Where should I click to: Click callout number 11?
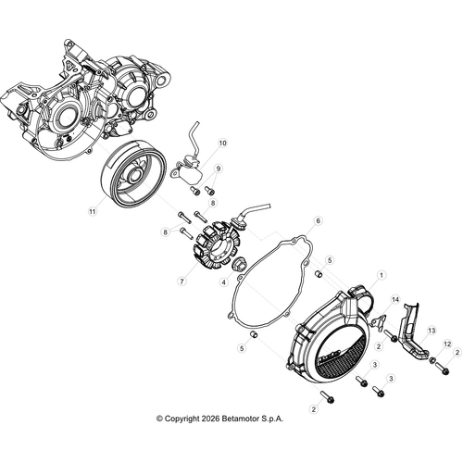pos(92,211)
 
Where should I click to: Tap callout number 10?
pos(222,144)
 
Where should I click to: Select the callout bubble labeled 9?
pos(219,168)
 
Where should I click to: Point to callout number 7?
pos(182,281)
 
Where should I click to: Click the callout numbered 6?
pos(292,221)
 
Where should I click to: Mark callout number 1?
pos(380,275)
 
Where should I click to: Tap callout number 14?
pos(394,301)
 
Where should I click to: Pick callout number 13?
pos(430,330)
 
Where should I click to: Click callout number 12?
pos(445,344)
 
